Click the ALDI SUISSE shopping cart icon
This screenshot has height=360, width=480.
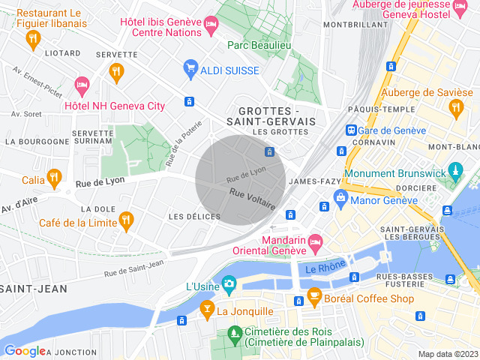click(190, 70)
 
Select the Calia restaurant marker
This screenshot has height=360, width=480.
click(54, 178)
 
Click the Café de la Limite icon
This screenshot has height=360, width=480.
click(125, 220)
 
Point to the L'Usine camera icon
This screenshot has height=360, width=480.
click(228, 283)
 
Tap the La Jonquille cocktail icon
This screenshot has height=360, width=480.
click(206, 308)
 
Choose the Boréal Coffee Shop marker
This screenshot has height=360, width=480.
click(314, 295)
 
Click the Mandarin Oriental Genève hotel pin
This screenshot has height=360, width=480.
click(315, 241)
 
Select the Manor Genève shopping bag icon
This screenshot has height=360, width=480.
click(341, 199)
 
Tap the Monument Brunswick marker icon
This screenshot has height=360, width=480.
click(455, 172)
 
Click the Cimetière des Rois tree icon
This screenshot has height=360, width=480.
click(233, 331)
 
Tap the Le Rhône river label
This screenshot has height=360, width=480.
click(325, 266)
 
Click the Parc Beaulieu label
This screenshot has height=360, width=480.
click(260, 45)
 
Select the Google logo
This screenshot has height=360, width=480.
click(25, 351)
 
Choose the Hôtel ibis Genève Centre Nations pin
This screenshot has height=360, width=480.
click(211, 27)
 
